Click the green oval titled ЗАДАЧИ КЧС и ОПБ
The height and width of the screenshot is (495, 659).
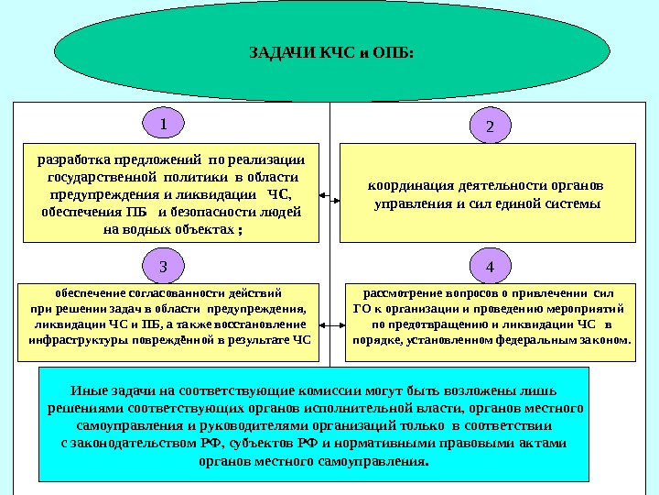329,50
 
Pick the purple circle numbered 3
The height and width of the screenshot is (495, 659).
163,267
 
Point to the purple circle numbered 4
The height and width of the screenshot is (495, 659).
489,267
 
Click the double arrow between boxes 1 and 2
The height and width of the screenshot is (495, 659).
329,195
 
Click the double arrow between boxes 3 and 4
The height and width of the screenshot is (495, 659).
329,323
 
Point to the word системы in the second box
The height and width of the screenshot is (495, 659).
576,203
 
